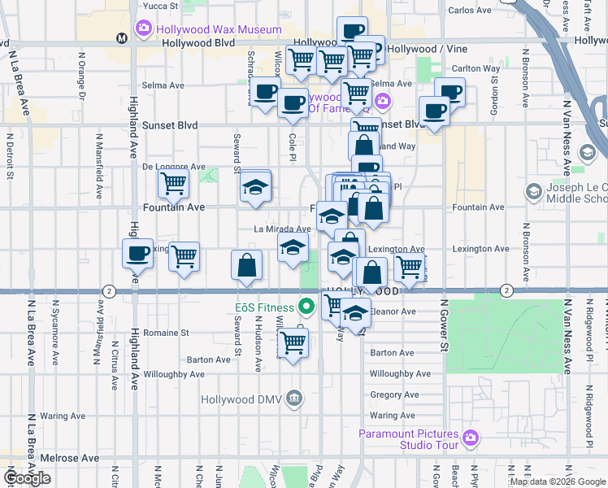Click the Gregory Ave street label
(393, 394)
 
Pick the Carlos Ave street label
(470, 11)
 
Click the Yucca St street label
(160, 6)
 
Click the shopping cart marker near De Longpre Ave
(173, 185)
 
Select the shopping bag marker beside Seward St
(246, 265)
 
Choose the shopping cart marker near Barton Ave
(293, 342)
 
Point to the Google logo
(28, 478)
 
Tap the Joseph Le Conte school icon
(534, 192)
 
